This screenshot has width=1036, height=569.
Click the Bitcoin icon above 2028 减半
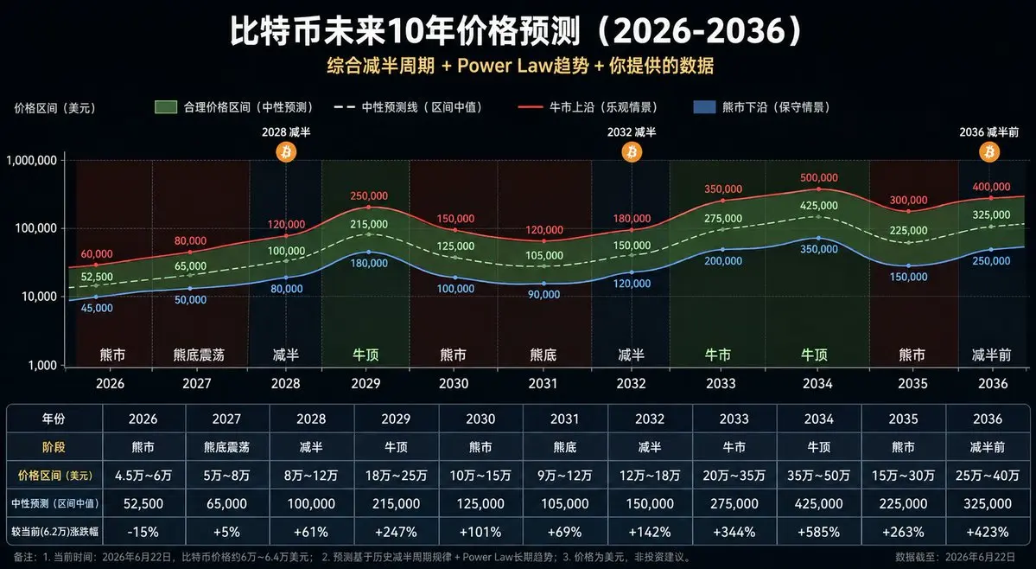pos(286,153)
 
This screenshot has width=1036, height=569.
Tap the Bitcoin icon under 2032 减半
pos(632,153)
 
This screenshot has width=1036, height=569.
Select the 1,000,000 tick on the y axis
pos(32,160)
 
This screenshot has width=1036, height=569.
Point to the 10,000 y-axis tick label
pos(41,296)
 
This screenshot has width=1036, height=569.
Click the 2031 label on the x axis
pos(543,383)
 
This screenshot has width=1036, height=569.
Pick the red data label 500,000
pos(818,178)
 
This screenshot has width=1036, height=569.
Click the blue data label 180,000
pos(369,263)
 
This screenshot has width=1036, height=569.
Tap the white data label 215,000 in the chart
pos(369,225)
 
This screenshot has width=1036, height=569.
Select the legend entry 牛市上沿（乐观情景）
pos(588,107)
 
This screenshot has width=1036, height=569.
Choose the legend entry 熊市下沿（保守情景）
pos(762,107)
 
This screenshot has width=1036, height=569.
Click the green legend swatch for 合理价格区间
pos(166,107)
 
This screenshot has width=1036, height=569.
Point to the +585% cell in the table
pos(818,532)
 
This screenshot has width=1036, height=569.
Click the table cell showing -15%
pos(143,532)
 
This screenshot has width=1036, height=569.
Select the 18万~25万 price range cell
pos(396,476)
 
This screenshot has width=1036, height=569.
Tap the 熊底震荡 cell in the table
pos(226,447)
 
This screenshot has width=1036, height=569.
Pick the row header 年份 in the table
pos(54,419)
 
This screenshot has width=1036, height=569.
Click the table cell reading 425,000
pos(818,503)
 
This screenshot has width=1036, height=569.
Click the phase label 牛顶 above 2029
pos(365,355)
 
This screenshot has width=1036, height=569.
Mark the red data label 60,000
pos(97,254)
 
